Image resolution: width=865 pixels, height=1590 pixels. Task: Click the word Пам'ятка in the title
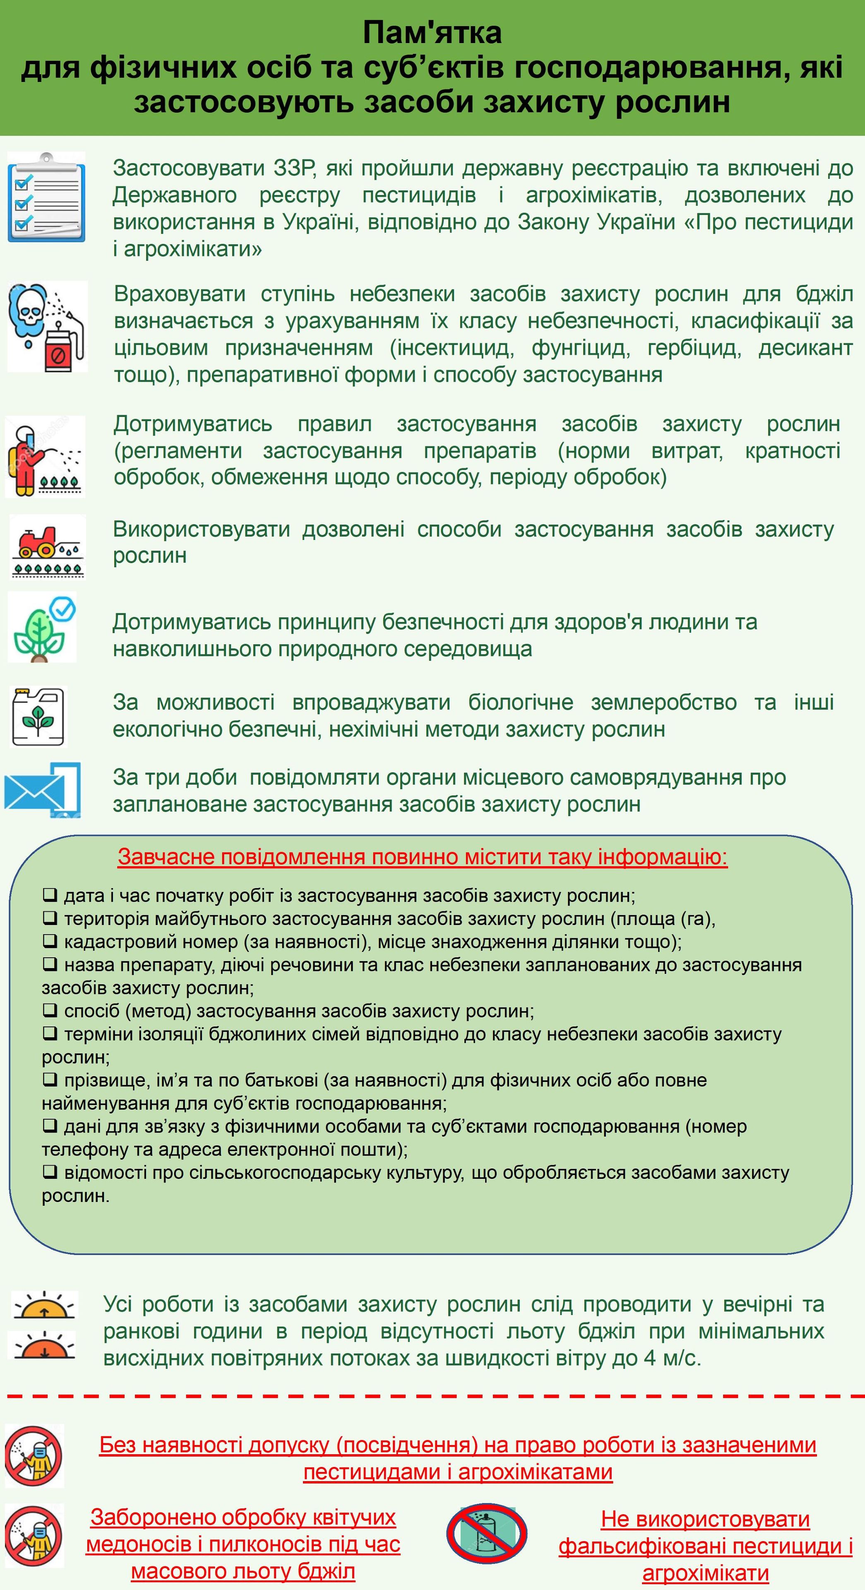pos(432,32)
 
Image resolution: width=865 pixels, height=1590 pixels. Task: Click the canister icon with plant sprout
pos(39,716)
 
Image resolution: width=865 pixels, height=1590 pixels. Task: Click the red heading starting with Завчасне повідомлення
pos(423,857)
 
